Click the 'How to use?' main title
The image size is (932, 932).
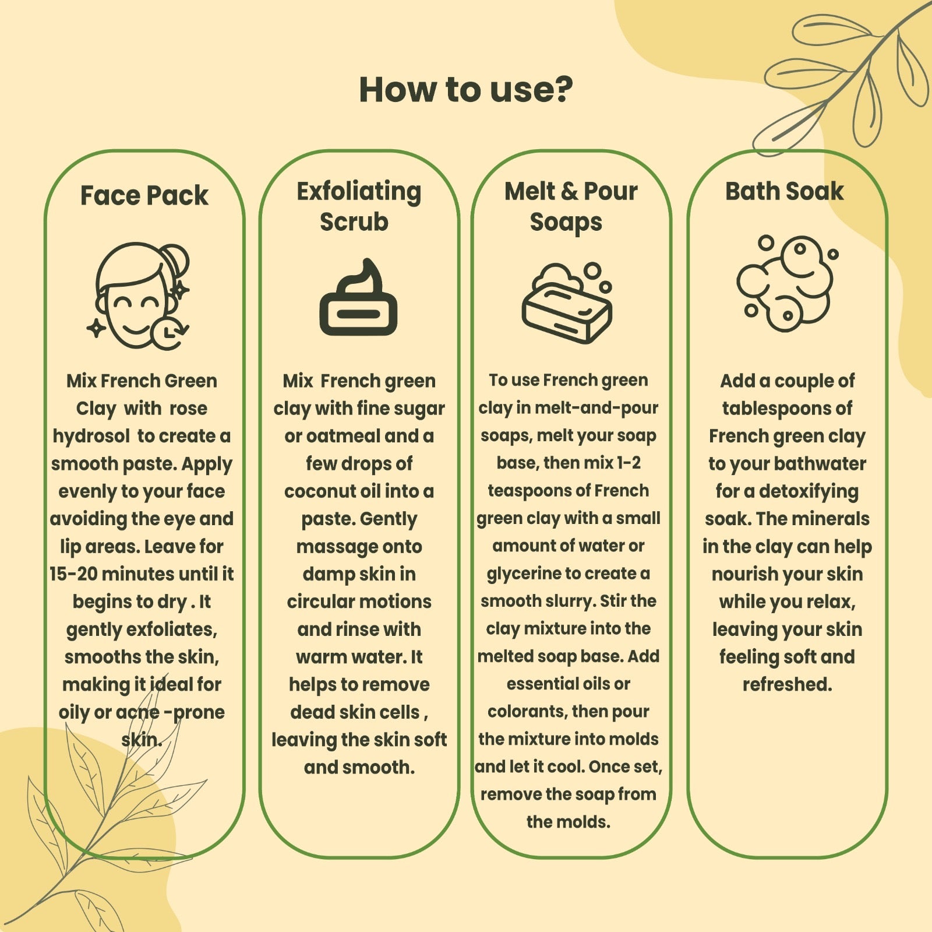(x=466, y=90)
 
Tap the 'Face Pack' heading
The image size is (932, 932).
(x=144, y=195)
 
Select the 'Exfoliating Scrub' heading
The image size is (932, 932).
(x=358, y=206)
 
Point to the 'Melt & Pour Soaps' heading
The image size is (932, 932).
(x=571, y=206)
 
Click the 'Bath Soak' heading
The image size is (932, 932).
(x=784, y=191)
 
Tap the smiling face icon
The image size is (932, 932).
(x=140, y=296)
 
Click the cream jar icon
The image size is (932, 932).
(x=358, y=297)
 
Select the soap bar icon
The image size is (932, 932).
(x=567, y=303)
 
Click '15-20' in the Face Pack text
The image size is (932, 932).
(x=73, y=574)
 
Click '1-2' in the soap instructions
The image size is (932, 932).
(x=629, y=463)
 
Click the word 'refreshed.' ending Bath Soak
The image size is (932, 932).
(x=787, y=684)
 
